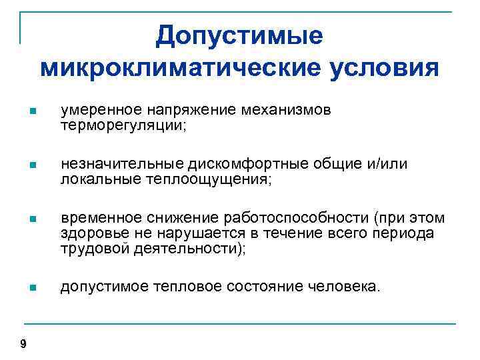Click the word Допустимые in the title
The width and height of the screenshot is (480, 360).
[239, 36]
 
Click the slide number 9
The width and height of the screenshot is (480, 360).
[24, 344]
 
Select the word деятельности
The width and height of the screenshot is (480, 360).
[185, 249]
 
